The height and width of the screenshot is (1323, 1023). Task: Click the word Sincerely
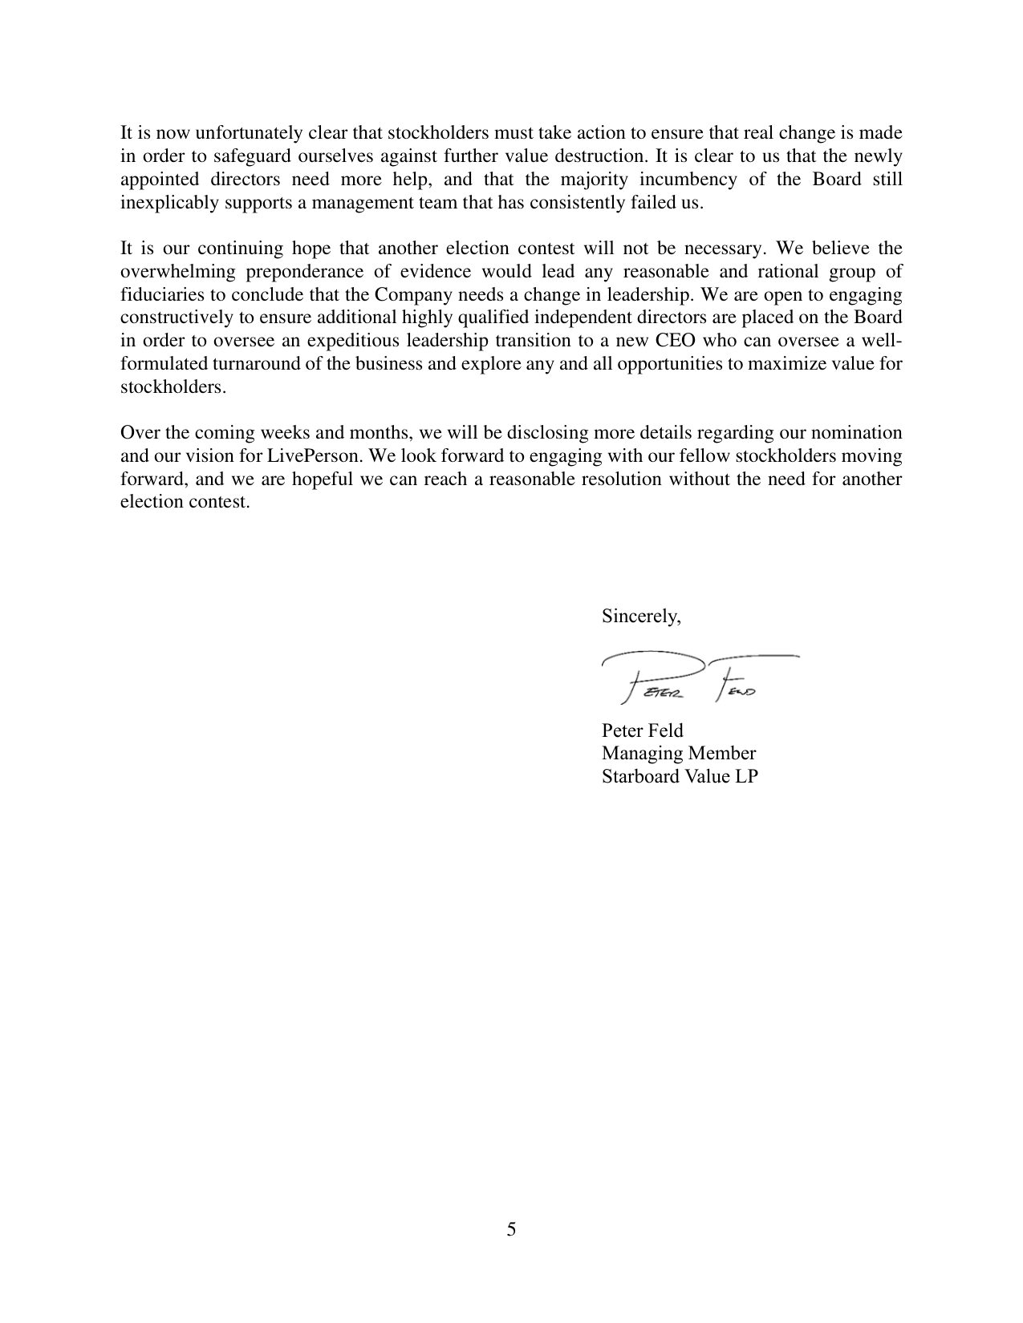(x=640, y=617)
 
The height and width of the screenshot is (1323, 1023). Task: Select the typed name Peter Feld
(x=642, y=730)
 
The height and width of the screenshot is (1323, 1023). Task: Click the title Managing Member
(x=678, y=754)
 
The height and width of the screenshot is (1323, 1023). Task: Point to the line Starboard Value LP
(x=679, y=777)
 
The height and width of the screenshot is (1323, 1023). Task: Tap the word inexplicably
(x=165, y=202)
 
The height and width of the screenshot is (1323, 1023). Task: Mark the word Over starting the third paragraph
(x=137, y=434)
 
